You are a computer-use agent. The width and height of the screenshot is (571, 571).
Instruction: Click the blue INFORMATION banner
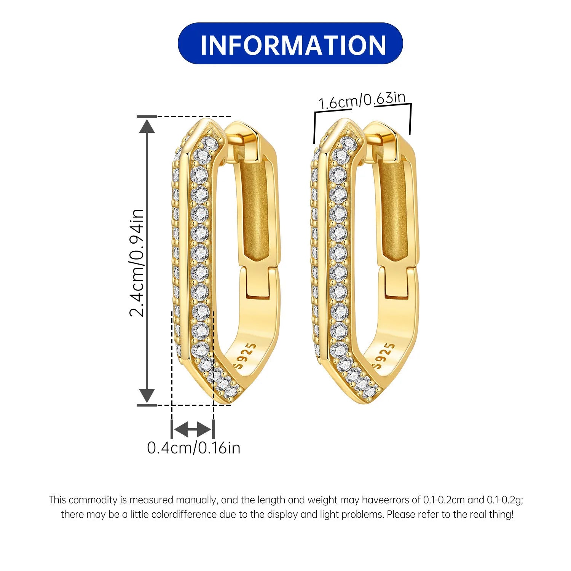290,43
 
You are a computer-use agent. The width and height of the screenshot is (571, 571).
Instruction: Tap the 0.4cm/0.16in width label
194,448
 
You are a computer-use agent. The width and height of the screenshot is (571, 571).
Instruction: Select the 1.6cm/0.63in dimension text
362,100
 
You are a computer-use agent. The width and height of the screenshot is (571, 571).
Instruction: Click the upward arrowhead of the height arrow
147,126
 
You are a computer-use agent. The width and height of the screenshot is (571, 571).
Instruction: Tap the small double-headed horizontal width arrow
192,430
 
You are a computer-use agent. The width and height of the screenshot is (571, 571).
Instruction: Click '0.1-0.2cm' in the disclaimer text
444,500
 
